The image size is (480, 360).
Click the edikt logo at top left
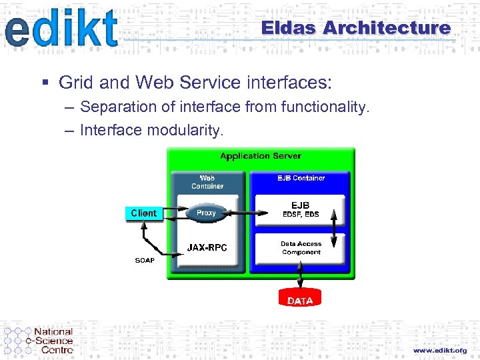point(61,29)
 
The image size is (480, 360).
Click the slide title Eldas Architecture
point(355,28)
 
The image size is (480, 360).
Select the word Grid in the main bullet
point(74,83)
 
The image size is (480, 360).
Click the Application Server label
point(260,156)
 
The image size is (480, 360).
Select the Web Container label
point(207,182)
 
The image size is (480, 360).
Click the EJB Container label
point(301,178)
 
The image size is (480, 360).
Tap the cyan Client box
point(144,213)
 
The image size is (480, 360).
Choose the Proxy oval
point(206,213)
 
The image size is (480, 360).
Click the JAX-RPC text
point(207,247)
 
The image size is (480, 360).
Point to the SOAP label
point(145,260)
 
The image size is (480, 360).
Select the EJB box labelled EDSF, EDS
point(300,209)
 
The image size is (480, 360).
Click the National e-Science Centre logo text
point(53,340)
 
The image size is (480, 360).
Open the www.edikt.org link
point(439,350)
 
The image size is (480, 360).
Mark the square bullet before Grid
point(45,83)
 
